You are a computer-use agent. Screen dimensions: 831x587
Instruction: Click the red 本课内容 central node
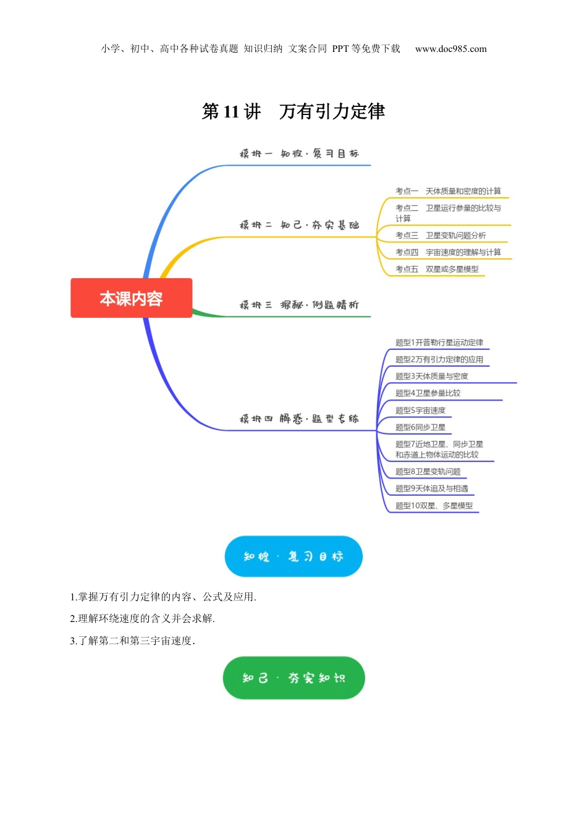tap(131, 299)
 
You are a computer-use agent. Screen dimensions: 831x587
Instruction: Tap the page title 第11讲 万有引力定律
tap(293, 111)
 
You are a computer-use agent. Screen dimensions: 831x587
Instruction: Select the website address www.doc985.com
tap(450, 49)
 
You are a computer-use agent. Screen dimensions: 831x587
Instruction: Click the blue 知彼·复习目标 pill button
tap(293, 556)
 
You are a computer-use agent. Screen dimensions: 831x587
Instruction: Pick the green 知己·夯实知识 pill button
tap(293, 678)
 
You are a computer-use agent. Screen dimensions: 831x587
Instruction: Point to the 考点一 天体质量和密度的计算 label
tap(448, 191)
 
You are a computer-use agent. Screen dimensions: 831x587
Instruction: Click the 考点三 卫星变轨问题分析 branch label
tap(441, 236)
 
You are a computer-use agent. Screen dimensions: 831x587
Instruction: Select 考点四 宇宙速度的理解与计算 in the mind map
tap(448, 252)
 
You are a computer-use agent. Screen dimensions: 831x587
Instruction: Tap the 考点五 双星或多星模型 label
tap(437, 269)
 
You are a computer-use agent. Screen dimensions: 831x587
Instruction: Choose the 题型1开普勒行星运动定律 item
tap(439, 343)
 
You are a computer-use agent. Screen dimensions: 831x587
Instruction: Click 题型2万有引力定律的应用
tap(439, 359)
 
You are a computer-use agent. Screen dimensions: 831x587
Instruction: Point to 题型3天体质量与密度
tap(432, 376)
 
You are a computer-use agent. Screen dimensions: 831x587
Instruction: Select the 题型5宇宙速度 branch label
tap(420, 410)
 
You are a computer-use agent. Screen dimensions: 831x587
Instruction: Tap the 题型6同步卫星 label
tap(420, 427)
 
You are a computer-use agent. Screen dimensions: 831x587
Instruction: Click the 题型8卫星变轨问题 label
tap(428, 472)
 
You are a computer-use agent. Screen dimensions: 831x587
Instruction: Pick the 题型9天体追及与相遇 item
tap(432, 488)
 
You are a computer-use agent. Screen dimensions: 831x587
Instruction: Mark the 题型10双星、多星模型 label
tap(434, 506)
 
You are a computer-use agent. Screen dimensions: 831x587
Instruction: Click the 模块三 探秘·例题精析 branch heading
tap(299, 305)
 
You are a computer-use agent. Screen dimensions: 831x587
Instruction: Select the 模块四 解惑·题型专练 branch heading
tap(299, 419)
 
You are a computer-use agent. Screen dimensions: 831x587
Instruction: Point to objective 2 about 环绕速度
tap(143, 618)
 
